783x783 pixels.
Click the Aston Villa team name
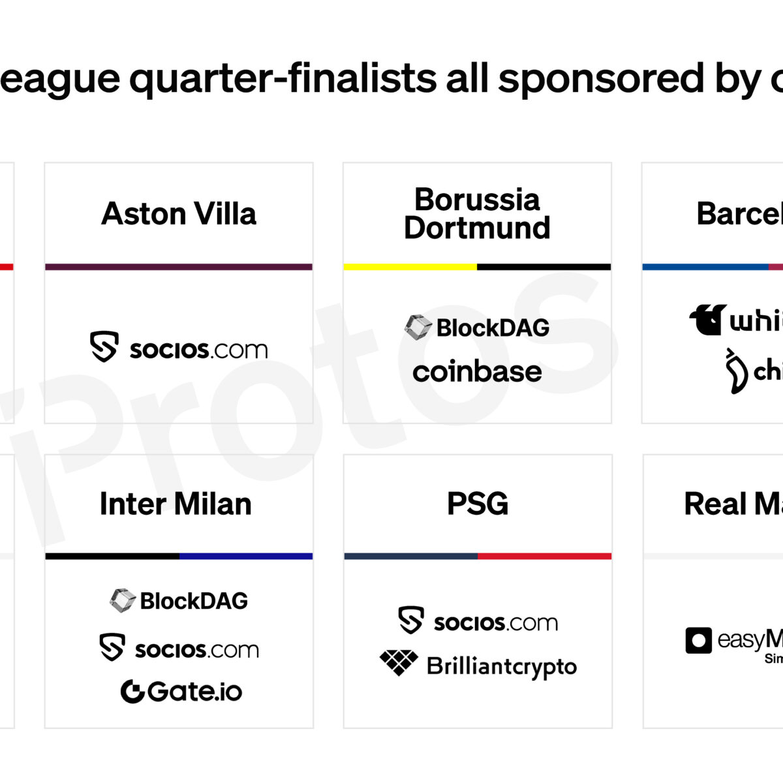click(179, 214)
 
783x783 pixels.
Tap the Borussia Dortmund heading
click(477, 214)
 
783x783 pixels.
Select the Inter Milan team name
click(176, 504)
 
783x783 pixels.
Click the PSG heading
click(478, 504)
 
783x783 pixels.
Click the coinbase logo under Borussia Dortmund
click(477, 372)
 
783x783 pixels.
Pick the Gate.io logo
click(181, 692)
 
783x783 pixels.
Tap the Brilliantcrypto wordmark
click(501, 667)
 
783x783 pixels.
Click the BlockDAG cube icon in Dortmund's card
click(418, 328)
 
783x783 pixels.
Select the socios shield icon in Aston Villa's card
click(104, 346)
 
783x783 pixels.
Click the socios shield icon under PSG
click(411, 621)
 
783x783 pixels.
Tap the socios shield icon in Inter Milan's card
click(112, 647)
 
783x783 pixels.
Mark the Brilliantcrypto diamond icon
click(399, 662)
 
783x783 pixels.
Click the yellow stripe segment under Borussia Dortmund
click(410, 267)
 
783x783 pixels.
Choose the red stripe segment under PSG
click(544, 557)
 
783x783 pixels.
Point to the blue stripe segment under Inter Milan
click(246, 557)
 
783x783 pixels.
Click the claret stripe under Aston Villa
click(179, 267)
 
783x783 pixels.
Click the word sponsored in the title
click(600, 79)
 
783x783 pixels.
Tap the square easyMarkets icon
click(698, 640)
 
